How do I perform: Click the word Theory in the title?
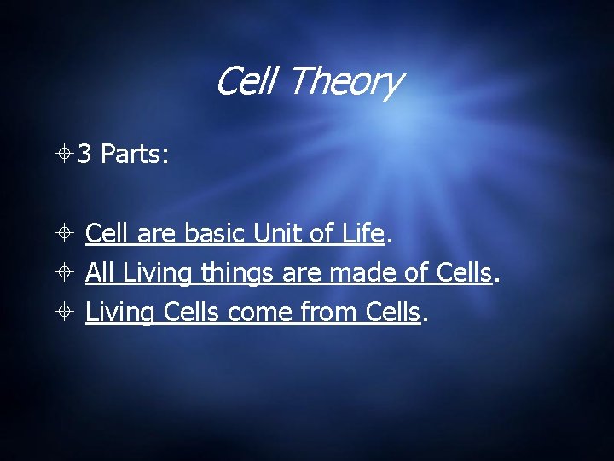tap(345, 83)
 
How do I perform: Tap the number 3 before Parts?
tap(84, 154)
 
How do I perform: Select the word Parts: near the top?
tap(135, 154)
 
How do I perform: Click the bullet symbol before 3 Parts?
tap(65, 155)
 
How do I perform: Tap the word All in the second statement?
tap(101, 273)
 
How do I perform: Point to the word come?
tap(260, 313)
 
